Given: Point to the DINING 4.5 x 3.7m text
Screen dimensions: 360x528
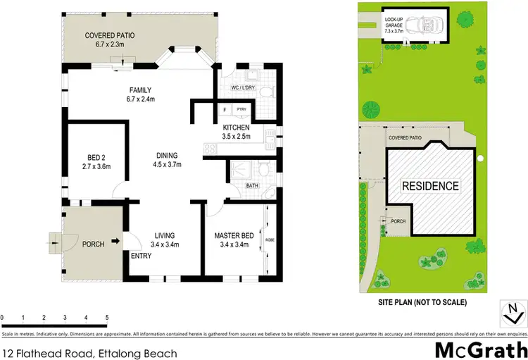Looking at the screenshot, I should click(167, 161).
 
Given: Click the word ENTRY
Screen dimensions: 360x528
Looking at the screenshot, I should click(142, 256).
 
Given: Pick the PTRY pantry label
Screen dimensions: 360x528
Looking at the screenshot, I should click(241, 110).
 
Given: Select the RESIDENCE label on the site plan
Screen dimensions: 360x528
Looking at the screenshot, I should click(429, 187).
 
